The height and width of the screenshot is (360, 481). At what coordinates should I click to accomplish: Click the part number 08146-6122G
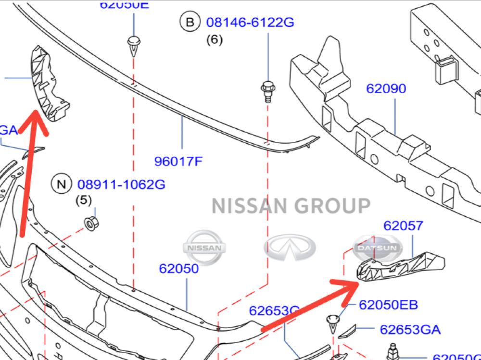[x=250, y=22]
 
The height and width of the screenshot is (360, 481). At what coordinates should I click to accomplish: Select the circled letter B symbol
[x=190, y=22]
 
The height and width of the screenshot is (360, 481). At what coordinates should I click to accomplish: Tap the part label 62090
[x=386, y=88]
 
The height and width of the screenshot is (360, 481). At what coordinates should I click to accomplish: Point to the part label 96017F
[x=178, y=161]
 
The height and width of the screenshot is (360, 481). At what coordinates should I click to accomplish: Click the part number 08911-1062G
[x=121, y=184]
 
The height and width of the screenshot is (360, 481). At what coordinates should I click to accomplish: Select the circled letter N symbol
[x=61, y=184]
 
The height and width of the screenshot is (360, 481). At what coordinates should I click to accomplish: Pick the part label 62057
[x=403, y=225]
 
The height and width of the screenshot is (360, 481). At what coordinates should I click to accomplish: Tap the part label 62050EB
[x=388, y=304]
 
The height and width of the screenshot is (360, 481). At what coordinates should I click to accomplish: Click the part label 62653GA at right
[x=410, y=329]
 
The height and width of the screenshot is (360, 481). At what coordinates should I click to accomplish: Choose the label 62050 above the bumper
[x=179, y=268]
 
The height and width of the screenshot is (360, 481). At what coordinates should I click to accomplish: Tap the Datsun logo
[x=376, y=248]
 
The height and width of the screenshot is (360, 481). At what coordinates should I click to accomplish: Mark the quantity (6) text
[x=214, y=40]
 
